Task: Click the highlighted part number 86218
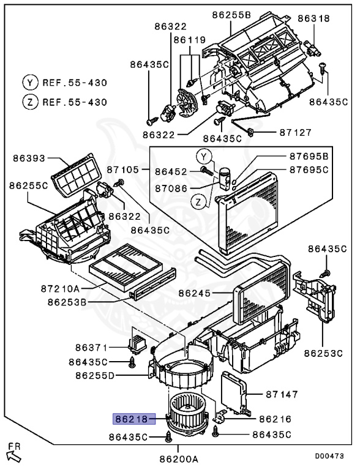[133, 419]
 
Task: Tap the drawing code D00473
[330, 457]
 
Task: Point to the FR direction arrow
[13, 453]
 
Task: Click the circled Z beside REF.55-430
[29, 102]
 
